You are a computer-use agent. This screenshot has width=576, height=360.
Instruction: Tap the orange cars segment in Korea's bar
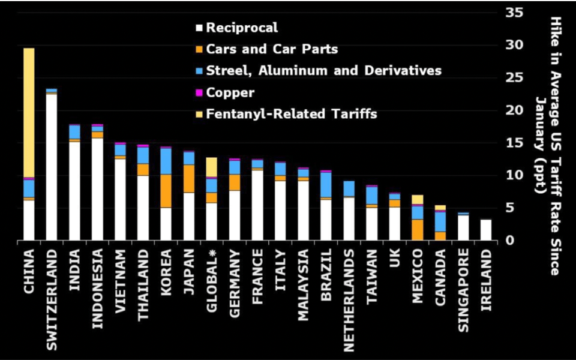tap(166, 191)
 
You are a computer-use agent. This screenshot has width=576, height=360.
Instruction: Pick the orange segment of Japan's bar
tap(188, 178)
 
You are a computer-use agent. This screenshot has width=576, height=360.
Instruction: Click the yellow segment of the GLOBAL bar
tap(211, 167)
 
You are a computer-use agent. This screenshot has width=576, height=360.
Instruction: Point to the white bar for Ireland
tap(486, 230)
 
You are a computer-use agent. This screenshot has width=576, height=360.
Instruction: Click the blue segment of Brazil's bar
tap(326, 185)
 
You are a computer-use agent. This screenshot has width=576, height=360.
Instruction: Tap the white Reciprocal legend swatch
tap(200, 28)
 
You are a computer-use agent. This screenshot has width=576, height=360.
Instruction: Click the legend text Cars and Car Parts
tap(272, 49)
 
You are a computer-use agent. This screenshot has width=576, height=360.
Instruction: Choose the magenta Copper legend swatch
tap(200, 93)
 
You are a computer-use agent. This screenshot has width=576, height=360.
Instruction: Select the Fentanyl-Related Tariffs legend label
tap(292, 114)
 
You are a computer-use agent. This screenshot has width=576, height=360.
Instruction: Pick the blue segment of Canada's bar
tap(440, 221)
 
